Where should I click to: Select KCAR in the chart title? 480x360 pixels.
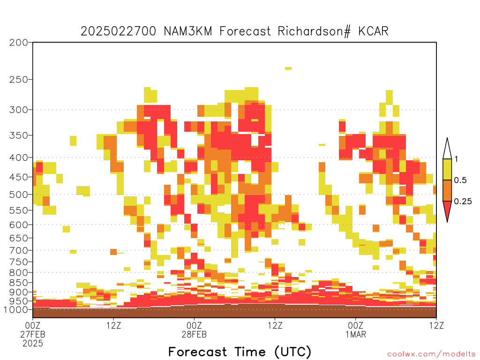[x=373, y=31]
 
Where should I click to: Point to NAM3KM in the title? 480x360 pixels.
[x=187, y=31]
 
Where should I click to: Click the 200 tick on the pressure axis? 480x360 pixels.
[x=19, y=43]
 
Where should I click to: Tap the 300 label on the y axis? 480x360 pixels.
[x=19, y=110]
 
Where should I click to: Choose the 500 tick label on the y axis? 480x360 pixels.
[x=19, y=195]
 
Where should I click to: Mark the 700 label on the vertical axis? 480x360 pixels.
[x=19, y=250]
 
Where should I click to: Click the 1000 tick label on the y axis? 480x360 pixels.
[x=15, y=309]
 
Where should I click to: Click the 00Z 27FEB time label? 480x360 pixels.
[x=33, y=334]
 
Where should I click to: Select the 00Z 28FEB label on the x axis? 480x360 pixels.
[x=194, y=330]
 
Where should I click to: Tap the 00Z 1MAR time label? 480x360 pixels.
[x=356, y=330]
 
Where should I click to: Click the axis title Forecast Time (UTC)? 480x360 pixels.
[x=240, y=352]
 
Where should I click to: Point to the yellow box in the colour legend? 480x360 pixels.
[x=447, y=169]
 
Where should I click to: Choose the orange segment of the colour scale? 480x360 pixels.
[x=447, y=190]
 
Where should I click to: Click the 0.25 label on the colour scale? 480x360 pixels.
[x=463, y=202]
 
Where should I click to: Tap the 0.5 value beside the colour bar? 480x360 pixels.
[x=460, y=180]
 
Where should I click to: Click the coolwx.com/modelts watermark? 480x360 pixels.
[x=431, y=354]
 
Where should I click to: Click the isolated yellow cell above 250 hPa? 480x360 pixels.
[x=288, y=68]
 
